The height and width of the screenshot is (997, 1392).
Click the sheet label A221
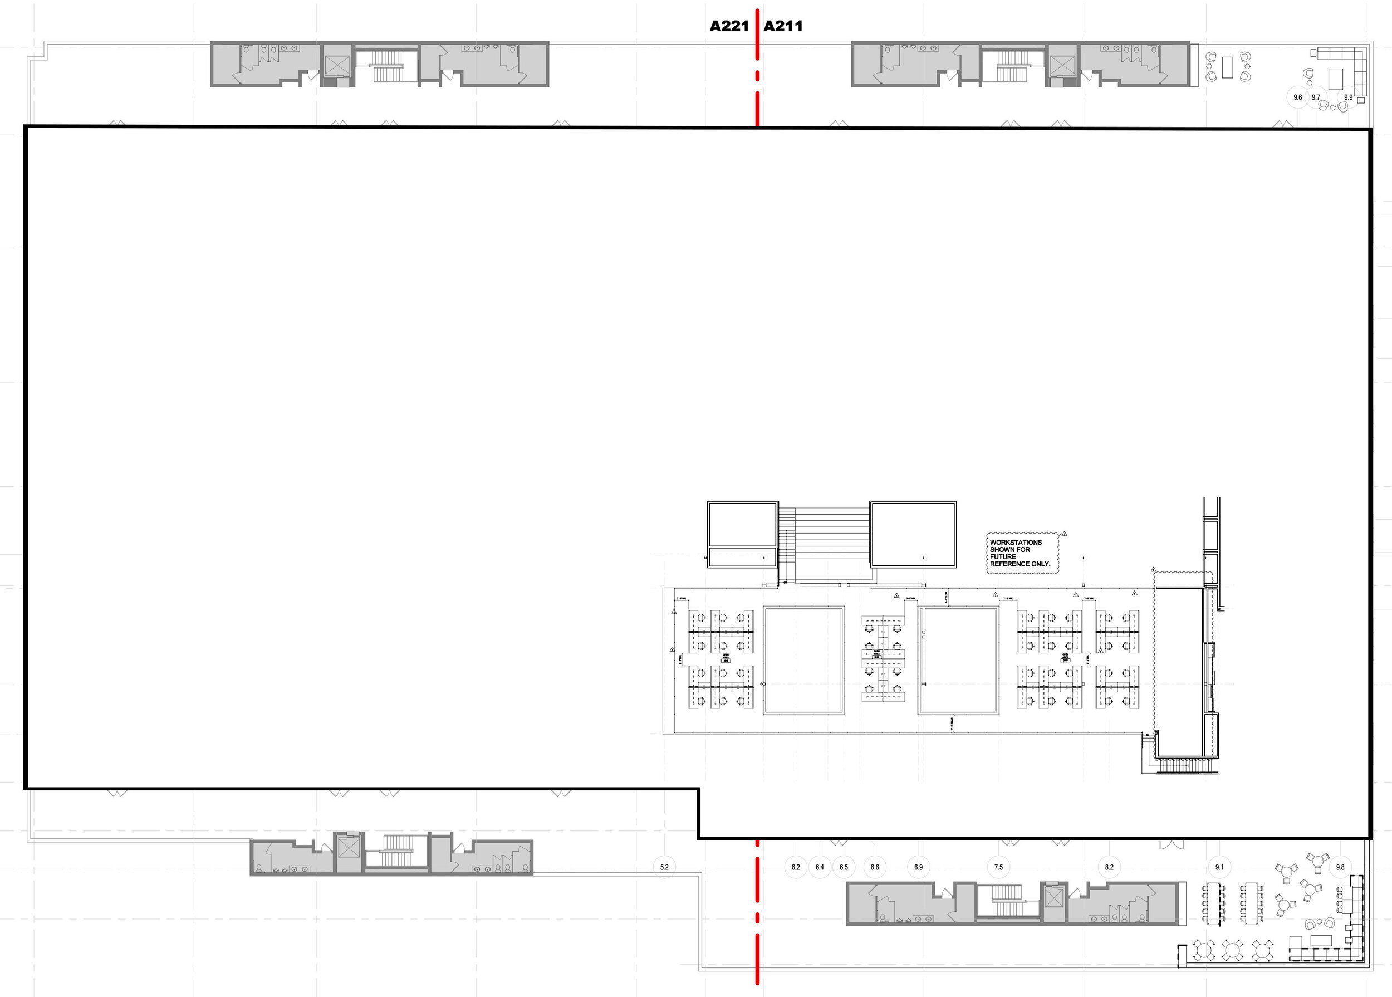pyautogui.click(x=729, y=26)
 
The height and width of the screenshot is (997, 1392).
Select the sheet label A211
pyautogui.click(x=783, y=26)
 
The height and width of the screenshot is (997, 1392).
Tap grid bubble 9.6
pyautogui.click(x=1297, y=97)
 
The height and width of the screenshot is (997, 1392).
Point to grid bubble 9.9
pyautogui.click(x=1349, y=97)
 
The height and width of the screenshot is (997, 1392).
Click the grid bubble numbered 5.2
pyautogui.click(x=664, y=867)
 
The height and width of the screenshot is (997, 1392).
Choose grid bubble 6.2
pyautogui.click(x=796, y=867)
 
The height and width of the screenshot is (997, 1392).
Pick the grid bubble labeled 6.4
pyautogui.click(x=820, y=867)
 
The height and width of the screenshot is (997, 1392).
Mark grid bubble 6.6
pyautogui.click(x=875, y=867)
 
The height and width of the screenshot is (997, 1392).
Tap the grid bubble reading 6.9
pyautogui.click(x=918, y=867)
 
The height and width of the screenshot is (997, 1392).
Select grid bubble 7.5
pyautogui.click(x=998, y=867)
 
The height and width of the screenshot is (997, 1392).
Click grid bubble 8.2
pyautogui.click(x=1109, y=867)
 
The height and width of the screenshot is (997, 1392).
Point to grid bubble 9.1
pyautogui.click(x=1219, y=867)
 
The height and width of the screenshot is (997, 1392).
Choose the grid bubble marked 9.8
pyautogui.click(x=1340, y=867)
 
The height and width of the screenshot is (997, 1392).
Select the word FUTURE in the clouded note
pyautogui.click(x=1003, y=557)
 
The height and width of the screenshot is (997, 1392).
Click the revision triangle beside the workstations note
pyautogui.click(x=1064, y=534)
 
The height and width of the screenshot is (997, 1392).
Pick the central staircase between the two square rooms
pyautogui.click(x=824, y=543)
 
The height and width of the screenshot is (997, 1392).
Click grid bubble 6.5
pyautogui.click(x=844, y=867)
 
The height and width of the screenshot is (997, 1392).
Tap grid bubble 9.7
pyautogui.click(x=1315, y=97)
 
